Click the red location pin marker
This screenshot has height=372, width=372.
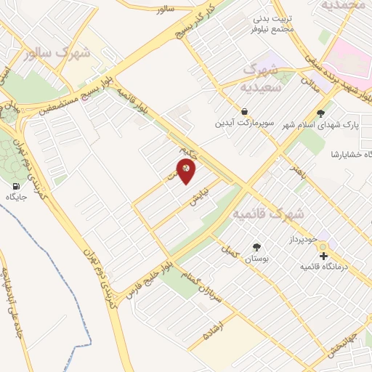click(x=187, y=170)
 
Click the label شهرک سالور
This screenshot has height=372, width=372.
click(x=57, y=53)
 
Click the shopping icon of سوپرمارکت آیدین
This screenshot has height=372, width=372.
click(x=243, y=111)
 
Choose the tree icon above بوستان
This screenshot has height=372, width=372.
click(x=256, y=247)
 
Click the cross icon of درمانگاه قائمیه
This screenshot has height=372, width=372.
click(x=323, y=255)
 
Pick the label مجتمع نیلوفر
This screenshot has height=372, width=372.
click(x=272, y=28)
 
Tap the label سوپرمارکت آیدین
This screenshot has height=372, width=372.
click(x=243, y=123)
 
